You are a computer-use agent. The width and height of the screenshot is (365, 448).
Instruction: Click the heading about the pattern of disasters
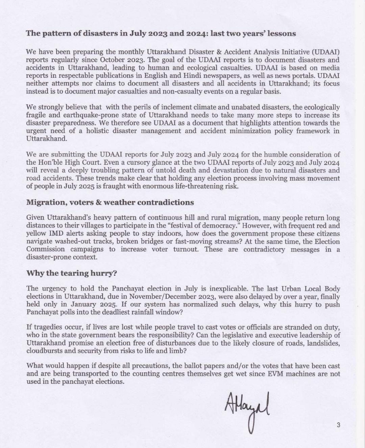[161, 33]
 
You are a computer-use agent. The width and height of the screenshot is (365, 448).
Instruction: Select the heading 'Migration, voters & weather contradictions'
[110, 202]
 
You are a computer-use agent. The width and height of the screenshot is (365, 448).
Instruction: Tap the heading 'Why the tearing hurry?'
[72, 273]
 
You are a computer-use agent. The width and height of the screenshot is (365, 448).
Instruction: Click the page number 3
[338, 425]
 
